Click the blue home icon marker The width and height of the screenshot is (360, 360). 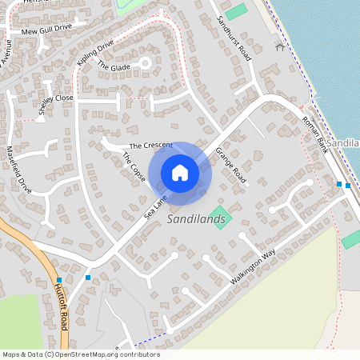(x=180, y=173)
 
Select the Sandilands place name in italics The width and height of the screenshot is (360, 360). (x=195, y=218)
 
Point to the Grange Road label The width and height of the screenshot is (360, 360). (x=230, y=166)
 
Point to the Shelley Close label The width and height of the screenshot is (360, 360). (x=56, y=104)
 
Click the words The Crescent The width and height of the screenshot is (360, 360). (x=150, y=146)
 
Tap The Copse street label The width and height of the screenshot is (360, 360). (x=134, y=167)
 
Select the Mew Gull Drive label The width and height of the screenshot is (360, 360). (x=46, y=30)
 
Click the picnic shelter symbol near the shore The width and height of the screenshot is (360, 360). (x=279, y=46)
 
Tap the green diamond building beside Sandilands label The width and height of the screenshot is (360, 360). (x=220, y=217)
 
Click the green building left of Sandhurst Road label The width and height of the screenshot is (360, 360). (x=236, y=12)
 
